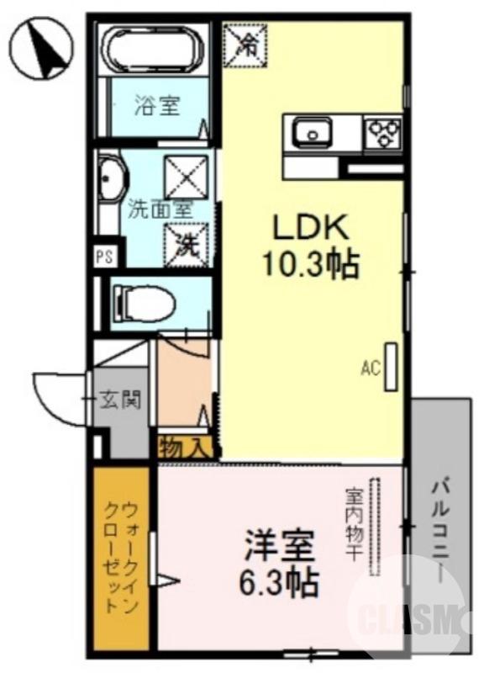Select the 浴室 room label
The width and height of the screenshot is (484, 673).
pyautogui.click(x=158, y=107)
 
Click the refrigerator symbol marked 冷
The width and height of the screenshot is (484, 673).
pyautogui.click(x=246, y=44)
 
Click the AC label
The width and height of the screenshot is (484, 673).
pyautogui.click(x=370, y=368)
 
